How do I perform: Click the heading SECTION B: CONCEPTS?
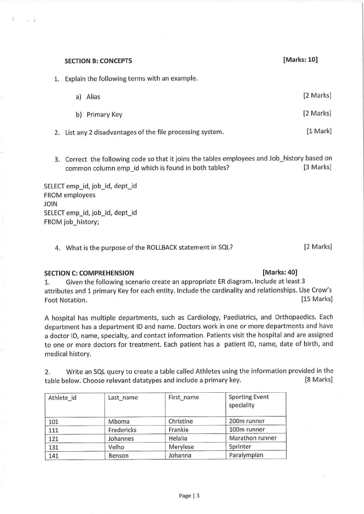(x=98, y=60)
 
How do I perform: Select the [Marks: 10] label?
(x=300, y=60)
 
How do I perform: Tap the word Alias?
(x=94, y=97)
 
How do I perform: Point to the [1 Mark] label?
(x=319, y=131)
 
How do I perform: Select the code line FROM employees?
(x=70, y=195)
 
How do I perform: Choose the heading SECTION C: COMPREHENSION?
(x=89, y=273)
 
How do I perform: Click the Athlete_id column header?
(x=62, y=397)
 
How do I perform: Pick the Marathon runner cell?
(x=253, y=438)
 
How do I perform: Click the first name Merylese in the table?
(x=181, y=447)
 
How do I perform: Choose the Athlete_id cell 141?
(x=54, y=455)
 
